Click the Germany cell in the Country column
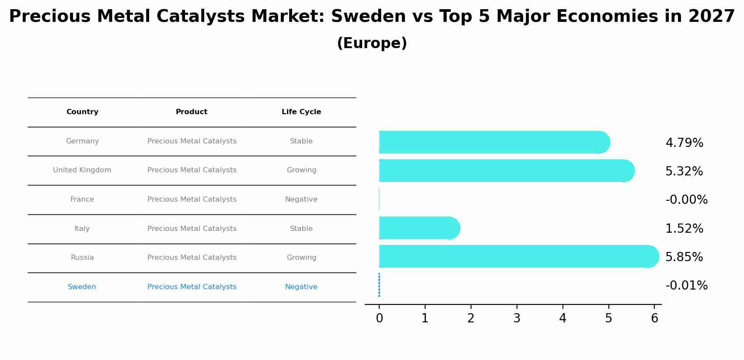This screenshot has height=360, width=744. [x=82, y=141]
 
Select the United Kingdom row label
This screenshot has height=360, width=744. [x=82, y=170]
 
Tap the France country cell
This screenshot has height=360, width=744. [x=82, y=199]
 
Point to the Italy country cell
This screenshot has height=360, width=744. [x=82, y=229]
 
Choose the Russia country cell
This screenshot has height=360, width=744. [x=82, y=258]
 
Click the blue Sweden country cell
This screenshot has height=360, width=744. [x=82, y=287]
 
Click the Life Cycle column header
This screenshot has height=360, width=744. [x=301, y=112]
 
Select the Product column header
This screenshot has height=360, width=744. [x=192, y=112]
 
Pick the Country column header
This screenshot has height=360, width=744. [x=82, y=112]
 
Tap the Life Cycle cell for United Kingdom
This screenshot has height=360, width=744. [x=301, y=170]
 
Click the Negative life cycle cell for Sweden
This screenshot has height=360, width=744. [x=301, y=287]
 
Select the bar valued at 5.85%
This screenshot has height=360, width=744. [x=516, y=256]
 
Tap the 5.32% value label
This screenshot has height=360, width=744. [x=684, y=171]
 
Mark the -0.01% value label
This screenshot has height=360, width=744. [x=686, y=286]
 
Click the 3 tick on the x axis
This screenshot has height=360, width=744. [x=517, y=318]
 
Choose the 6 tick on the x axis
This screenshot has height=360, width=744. [x=654, y=318]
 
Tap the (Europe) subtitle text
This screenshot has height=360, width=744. [x=372, y=43]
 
